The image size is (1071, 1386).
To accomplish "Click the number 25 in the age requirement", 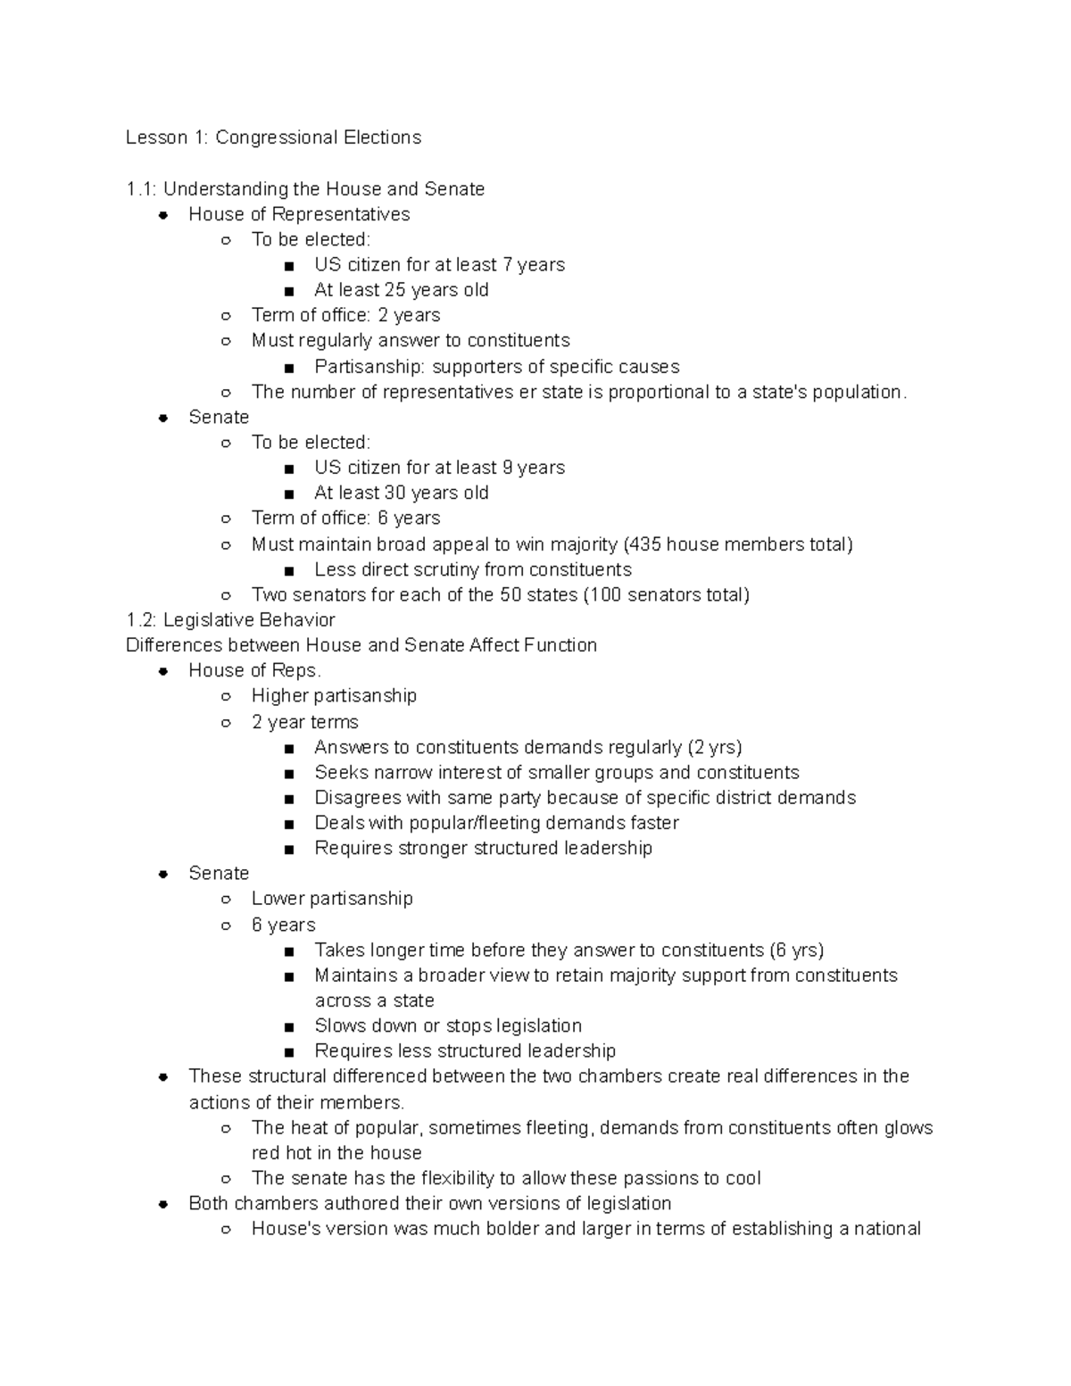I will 394,290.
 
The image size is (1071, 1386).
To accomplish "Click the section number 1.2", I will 141,620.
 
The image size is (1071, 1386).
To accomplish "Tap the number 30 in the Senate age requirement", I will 394,493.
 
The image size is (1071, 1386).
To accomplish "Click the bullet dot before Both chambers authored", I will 163,1205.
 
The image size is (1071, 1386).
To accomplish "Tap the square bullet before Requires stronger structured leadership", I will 288,850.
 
